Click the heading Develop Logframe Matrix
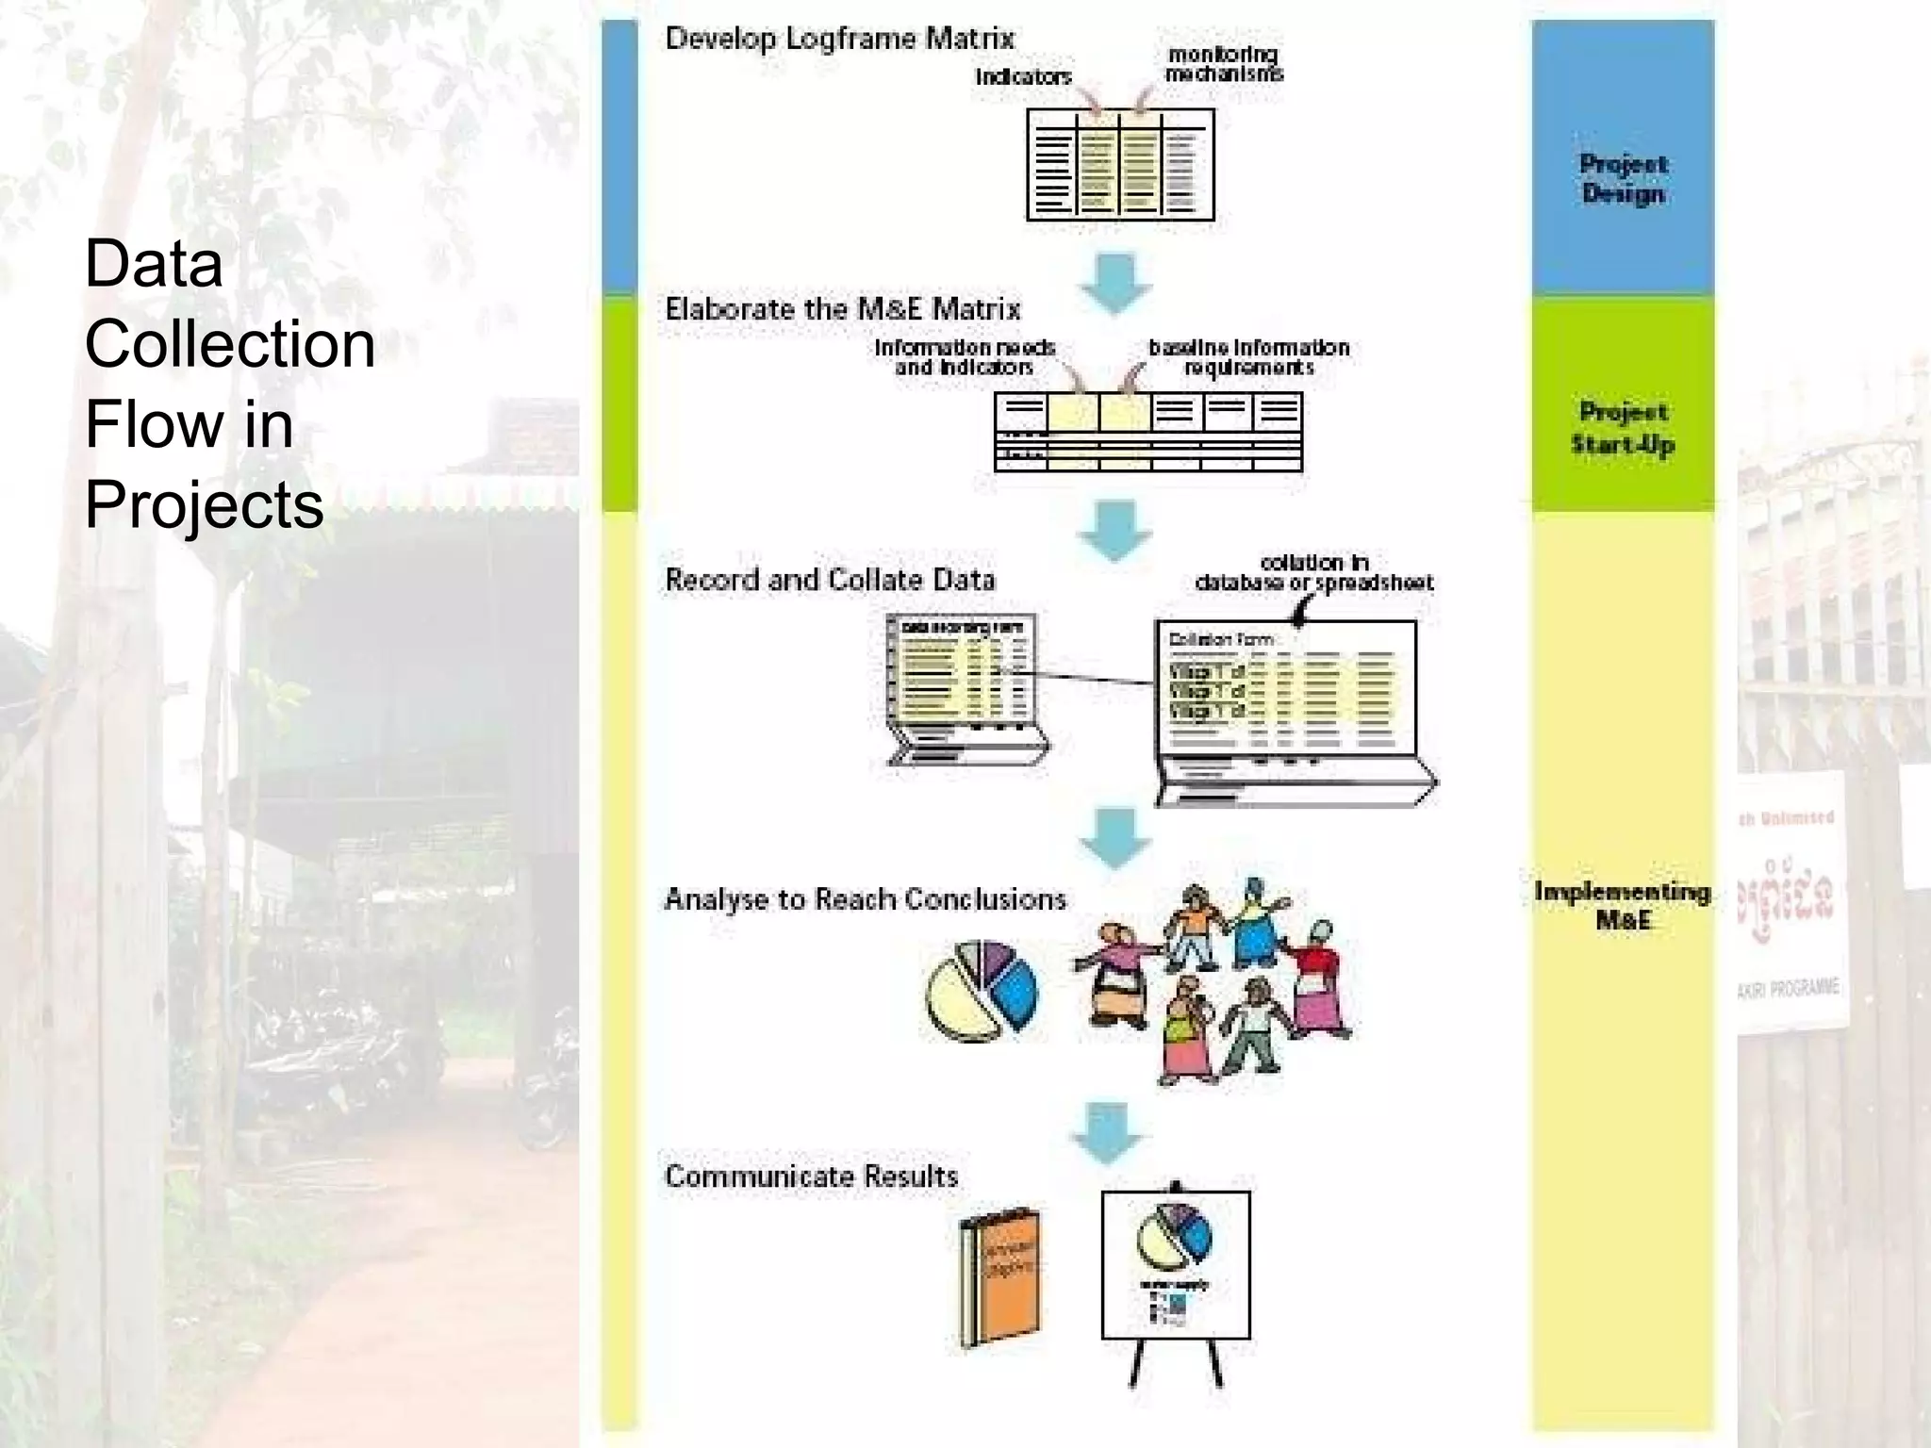point(839,39)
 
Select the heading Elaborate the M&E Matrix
point(842,309)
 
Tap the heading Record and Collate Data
point(830,580)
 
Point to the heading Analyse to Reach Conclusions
point(865,899)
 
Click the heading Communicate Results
point(811,1176)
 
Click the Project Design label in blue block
point(1623,178)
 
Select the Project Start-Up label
point(1623,428)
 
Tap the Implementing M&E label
point(1623,905)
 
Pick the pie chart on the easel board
point(1174,1236)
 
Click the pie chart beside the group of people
point(982,991)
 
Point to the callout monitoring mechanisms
point(1223,64)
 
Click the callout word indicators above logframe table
point(1023,77)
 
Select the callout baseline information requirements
point(1248,357)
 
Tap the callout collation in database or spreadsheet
point(1313,573)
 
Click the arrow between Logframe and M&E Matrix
point(1115,282)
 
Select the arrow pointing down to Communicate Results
point(1109,1132)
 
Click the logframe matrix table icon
point(1120,165)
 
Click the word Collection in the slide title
point(230,343)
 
